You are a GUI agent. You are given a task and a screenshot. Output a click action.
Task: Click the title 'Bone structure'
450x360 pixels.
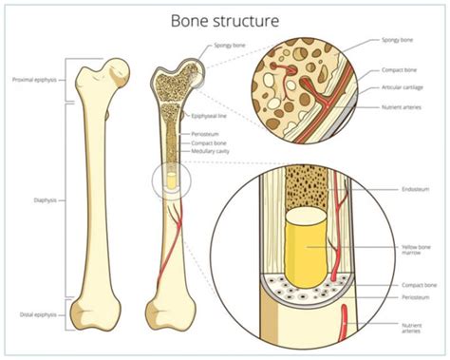tap(226, 19)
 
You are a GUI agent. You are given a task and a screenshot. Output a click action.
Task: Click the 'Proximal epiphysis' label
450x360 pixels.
tap(34, 80)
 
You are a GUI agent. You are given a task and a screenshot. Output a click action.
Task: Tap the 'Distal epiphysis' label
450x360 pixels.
tap(37, 313)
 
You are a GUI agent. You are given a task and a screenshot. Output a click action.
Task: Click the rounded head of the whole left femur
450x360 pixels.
tap(117, 69)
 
